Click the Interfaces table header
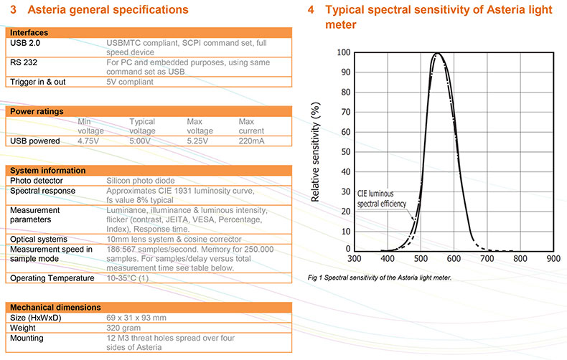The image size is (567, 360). point(29,33)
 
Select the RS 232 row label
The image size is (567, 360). point(25,62)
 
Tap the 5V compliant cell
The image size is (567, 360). point(130,82)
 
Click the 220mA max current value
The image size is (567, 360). point(250,141)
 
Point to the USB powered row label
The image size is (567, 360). point(34,141)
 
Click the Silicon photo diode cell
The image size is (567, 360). point(139,181)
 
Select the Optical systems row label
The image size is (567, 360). point(38,239)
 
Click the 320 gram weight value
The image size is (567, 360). point(123,328)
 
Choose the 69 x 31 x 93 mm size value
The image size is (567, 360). point(136,318)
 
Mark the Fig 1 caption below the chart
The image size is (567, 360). point(378,278)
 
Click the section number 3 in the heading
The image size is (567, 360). point(12,10)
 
